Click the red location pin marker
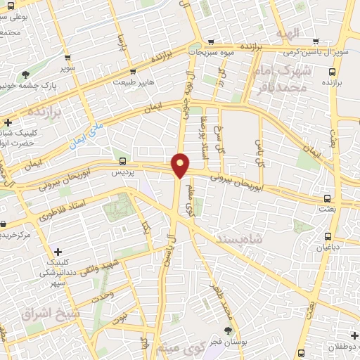click(181, 164)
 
